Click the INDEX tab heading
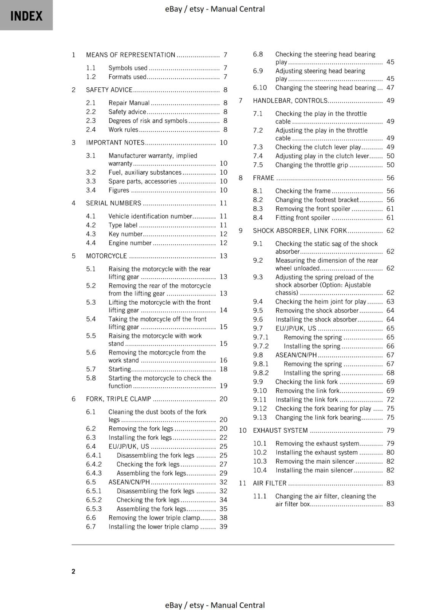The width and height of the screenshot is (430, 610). point(26,16)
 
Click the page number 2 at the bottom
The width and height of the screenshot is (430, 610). point(73,571)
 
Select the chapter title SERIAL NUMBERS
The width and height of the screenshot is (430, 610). point(113,203)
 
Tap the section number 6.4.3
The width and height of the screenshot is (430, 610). point(94,473)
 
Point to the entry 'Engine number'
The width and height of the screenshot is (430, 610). point(130,243)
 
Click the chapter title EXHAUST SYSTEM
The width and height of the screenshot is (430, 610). point(280,430)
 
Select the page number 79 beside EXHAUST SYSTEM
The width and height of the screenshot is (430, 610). point(390,430)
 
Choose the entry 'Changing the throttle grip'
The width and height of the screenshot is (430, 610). point(311,165)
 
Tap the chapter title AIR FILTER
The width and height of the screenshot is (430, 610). point(269,483)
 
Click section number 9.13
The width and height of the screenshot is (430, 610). point(260,417)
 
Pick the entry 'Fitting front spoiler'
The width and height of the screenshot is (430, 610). point(303,218)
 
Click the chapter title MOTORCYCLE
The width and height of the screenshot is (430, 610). point(106,256)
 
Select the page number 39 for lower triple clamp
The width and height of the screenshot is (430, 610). point(223,527)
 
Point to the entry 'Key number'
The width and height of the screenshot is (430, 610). point(125,234)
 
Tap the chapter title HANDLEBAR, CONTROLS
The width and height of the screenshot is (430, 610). point(290,101)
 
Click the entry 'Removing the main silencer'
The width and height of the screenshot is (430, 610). point(314,461)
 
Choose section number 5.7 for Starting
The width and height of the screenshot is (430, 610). point(91,369)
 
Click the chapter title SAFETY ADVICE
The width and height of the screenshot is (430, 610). point(109,90)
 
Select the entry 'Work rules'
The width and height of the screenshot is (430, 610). point(123,130)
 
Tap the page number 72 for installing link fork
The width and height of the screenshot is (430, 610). point(390,400)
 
